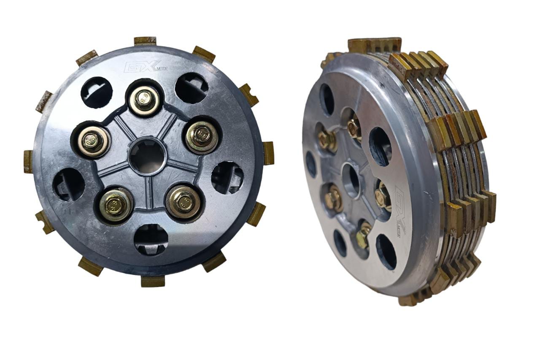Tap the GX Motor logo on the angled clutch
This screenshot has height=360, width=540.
click(x=400, y=211)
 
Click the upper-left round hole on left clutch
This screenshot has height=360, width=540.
click(x=97, y=92)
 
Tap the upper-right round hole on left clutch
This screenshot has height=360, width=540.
click(x=192, y=88)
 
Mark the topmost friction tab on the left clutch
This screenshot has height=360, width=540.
click(x=145, y=41)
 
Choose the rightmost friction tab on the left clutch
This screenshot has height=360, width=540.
click(x=268, y=153)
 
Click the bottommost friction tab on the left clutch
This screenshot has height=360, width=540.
click(x=153, y=281)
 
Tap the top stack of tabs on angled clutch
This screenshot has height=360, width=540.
click(x=374, y=45)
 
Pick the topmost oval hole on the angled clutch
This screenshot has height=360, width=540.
click(x=327, y=100)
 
